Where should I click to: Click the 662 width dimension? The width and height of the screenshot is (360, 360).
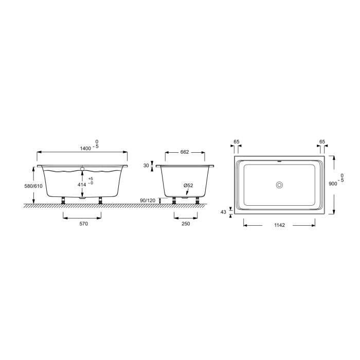click(x=185, y=152)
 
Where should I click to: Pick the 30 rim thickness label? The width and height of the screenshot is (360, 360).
click(x=146, y=165)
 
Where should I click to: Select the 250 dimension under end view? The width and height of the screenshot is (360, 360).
click(x=185, y=224)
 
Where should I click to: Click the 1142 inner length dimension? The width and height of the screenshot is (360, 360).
click(x=278, y=225)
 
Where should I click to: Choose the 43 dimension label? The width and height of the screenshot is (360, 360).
click(x=223, y=211)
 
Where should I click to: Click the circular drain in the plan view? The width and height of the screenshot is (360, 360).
click(x=280, y=184)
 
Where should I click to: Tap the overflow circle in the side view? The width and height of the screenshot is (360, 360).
click(x=82, y=168)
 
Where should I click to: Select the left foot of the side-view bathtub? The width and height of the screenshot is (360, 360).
click(x=63, y=200)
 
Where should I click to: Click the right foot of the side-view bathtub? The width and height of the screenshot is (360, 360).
click(x=100, y=200)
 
